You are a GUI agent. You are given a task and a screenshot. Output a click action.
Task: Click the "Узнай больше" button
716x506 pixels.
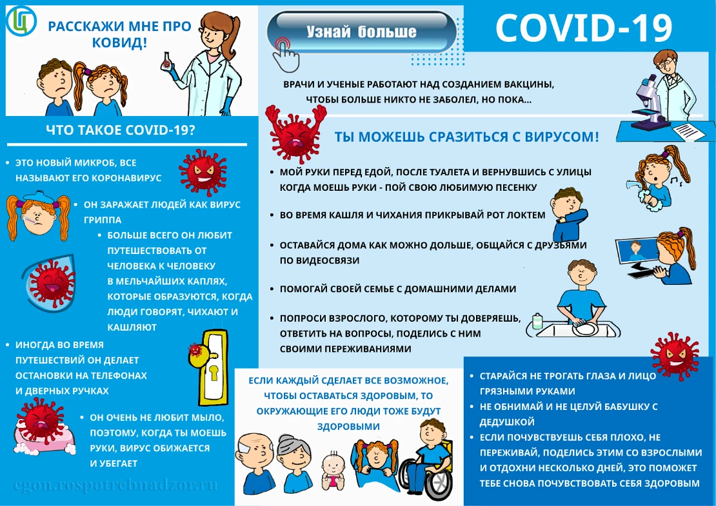point(361,31)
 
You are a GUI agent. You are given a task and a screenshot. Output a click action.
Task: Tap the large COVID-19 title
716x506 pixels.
point(584,27)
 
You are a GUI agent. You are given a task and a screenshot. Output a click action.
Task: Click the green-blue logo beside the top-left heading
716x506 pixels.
point(19,21)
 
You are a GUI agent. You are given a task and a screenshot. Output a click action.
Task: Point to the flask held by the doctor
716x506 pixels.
point(167,62)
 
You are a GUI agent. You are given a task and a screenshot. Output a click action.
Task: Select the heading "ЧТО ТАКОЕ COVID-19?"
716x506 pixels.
point(121,130)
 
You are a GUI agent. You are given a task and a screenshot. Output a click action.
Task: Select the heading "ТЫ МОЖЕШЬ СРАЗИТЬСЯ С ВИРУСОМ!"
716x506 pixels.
point(466,137)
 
